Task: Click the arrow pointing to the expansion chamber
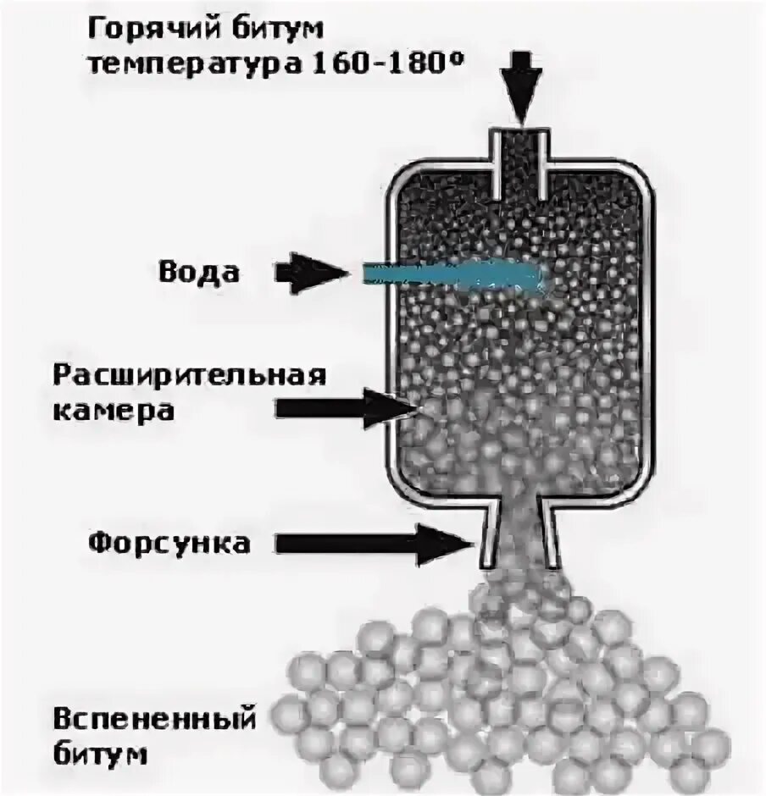click(x=347, y=407)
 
